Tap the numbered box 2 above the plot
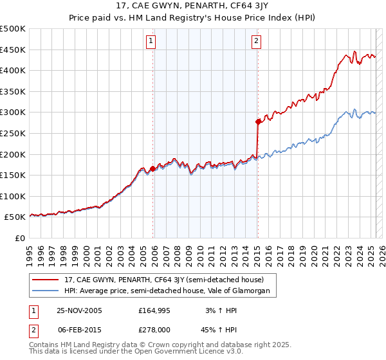(256, 42)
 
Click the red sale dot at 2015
(258, 121)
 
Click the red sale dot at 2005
(153, 168)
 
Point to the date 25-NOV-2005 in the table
(79, 310)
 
